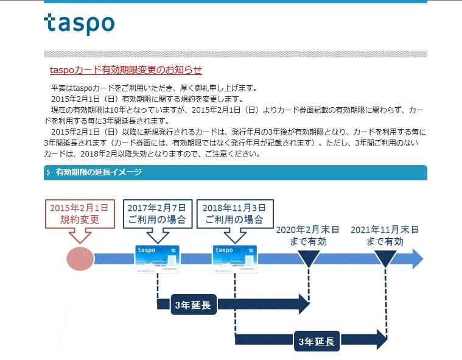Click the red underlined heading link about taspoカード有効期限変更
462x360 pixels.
tap(126, 70)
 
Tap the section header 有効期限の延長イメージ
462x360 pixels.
tap(99, 172)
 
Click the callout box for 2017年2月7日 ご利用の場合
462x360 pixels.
tap(158, 213)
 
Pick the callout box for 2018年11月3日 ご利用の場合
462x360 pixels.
tap(235, 213)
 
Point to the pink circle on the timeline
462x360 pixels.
tap(80, 258)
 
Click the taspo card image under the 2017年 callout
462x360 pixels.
tap(158, 258)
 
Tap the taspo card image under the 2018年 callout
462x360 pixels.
tap(236, 258)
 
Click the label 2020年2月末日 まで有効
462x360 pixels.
tap(308, 235)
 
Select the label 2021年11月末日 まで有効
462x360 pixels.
tap(385, 235)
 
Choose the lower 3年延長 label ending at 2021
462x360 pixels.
tap(317, 341)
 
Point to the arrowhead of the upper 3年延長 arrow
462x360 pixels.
tap(303, 304)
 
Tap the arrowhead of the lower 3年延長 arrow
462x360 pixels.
tap(381, 339)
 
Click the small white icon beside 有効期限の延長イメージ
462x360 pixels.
tap(49, 173)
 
